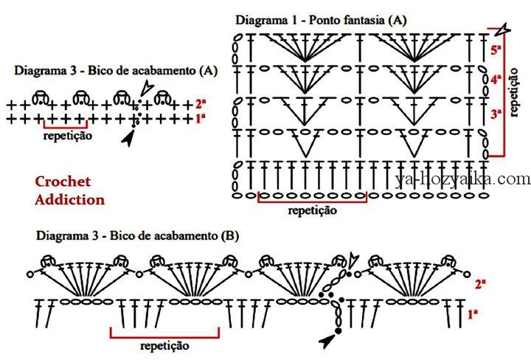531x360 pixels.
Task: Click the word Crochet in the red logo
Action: [x=63, y=181]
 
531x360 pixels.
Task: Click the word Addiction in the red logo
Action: [x=70, y=199]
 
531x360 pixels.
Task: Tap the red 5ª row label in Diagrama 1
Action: [x=496, y=49]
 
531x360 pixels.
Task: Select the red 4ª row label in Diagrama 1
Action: [x=496, y=80]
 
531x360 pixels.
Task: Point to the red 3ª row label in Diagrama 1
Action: [x=496, y=114]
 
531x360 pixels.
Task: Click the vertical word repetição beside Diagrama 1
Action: [x=513, y=92]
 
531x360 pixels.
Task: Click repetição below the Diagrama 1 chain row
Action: [x=312, y=211]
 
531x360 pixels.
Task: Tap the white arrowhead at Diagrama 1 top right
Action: [x=502, y=30]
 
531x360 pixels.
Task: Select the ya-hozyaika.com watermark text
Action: [x=462, y=179]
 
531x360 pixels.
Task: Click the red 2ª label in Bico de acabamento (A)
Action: [x=201, y=103]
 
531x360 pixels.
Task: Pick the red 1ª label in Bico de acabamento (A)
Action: [x=201, y=119]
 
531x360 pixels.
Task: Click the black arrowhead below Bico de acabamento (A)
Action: [x=128, y=138]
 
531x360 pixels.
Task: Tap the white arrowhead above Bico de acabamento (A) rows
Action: [x=147, y=88]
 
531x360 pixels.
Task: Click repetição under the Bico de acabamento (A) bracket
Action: [x=68, y=136]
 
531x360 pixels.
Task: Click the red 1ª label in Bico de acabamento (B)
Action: [x=473, y=314]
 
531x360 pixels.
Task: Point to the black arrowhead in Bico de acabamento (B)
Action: [x=327, y=341]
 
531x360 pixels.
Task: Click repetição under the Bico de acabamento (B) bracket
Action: [x=164, y=346]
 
